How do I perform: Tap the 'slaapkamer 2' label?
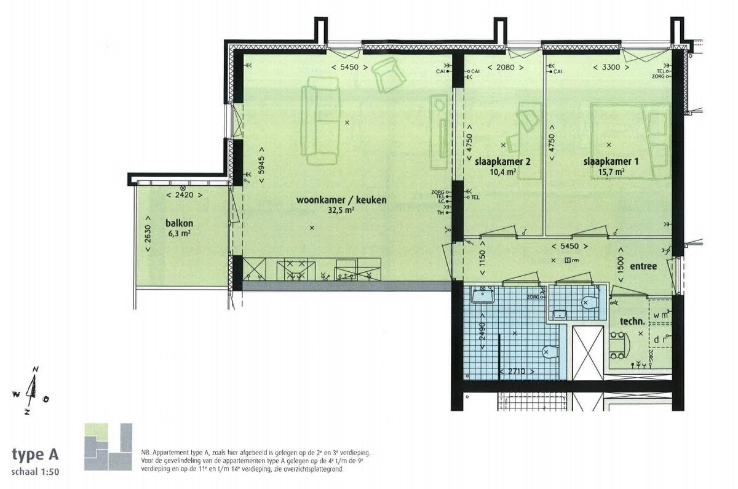(x=503, y=162)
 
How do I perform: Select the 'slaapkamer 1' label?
(x=611, y=162)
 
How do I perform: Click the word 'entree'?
(x=643, y=266)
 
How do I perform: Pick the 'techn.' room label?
(x=632, y=320)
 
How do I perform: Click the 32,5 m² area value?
(x=341, y=210)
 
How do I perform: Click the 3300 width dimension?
(x=606, y=67)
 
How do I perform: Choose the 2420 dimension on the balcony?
(x=185, y=196)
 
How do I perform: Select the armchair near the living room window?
(x=389, y=74)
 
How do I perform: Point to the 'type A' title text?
(x=36, y=455)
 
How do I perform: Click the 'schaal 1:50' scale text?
(x=36, y=472)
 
